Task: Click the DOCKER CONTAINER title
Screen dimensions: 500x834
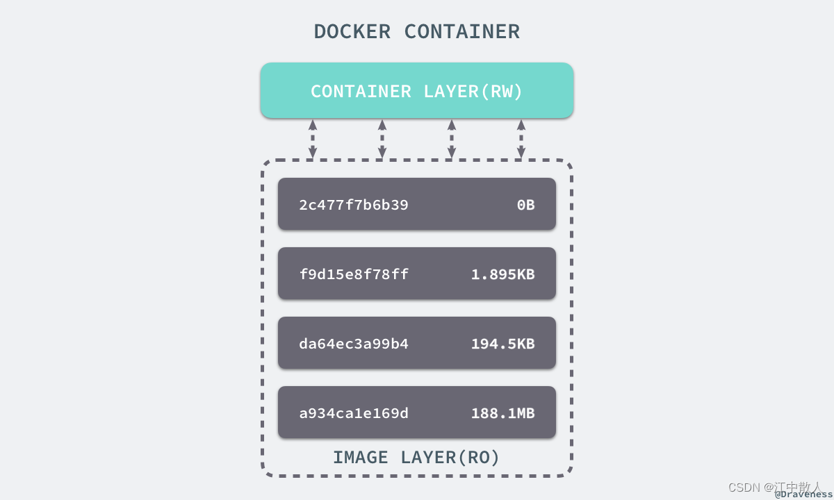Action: click(416, 32)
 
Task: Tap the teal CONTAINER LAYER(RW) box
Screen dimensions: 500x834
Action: click(416, 91)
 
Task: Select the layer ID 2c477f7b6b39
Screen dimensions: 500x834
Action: click(354, 205)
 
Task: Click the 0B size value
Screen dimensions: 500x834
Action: click(525, 205)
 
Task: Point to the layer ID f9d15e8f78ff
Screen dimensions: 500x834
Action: click(354, 274)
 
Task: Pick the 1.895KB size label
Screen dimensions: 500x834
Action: click(502, 274)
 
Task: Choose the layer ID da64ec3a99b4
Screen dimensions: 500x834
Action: click(354, 344)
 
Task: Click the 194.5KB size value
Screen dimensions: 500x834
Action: click(502, 344)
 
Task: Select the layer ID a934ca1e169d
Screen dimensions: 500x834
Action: click(354, 413)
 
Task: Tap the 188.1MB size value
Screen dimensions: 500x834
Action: click(502, 413)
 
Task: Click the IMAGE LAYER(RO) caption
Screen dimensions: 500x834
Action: click(416, 458)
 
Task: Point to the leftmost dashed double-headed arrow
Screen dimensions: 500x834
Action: click(313, 139)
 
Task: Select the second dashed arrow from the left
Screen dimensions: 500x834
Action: click(382, 139)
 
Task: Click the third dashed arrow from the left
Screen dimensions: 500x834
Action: click(452, 139)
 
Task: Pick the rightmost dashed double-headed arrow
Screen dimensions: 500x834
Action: click(521, 139)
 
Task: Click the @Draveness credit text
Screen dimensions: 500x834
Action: click(803, 494)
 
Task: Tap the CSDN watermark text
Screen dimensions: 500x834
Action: click(744, 487)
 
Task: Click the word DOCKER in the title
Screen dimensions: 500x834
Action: click(352, 32)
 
